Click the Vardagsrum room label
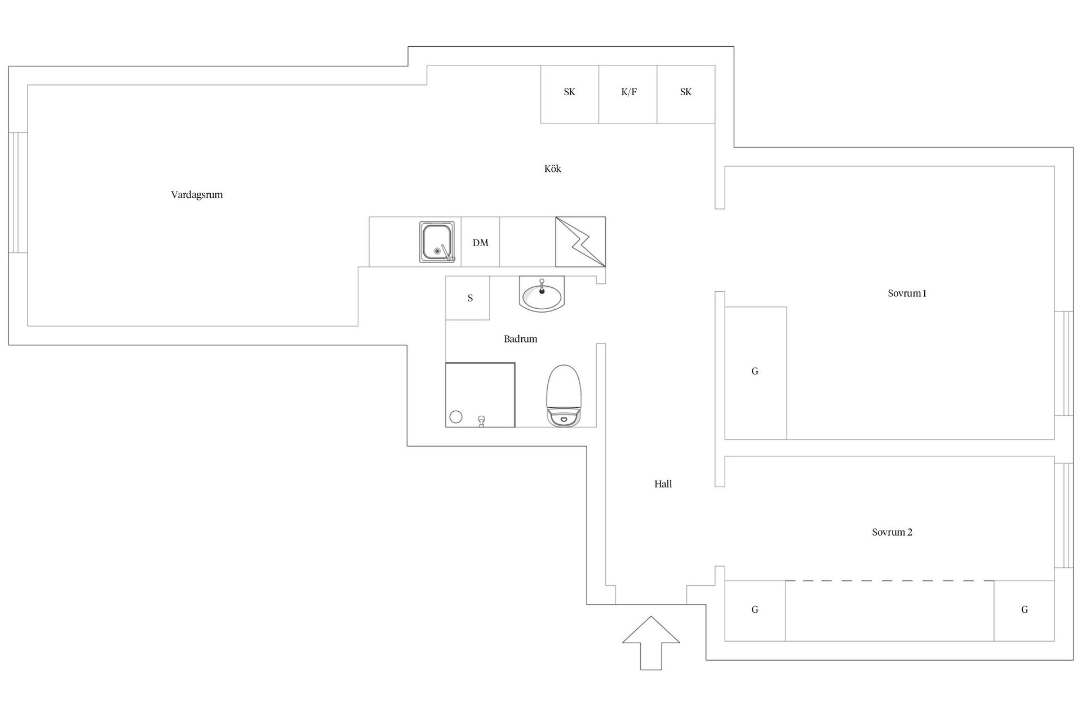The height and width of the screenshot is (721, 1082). pyautogui.click(x=197, y=195)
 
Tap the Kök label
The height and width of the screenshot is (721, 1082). pyautogui.click(x=552, y=169)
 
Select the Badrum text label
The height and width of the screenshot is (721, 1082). pyautogui.click(x=520, y=339)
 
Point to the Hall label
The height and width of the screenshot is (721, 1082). pyautogui.click(x=663, y=484)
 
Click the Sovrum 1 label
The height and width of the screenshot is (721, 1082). pyautogui.click(x=907, y=293)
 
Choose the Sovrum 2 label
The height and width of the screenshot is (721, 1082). pyautogui.click(x=892, y=532)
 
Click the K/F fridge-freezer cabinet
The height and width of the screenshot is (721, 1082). pyautogui.click(x=628, y=94)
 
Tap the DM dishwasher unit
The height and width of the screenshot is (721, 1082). pyautogui.click(x=480, y=242)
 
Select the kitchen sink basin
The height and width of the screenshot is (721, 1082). pyautogui.click(x=437, y=242)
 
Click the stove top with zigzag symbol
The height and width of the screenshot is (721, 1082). pyautogui.click(x=580, y=242)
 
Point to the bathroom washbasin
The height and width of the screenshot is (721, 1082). pyautogui.click(x=542, y=296)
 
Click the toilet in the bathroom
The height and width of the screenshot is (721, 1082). pyautogui.click(x=563, y=395)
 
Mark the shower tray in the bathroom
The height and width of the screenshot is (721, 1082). pyautogui.click(x=480, y=395)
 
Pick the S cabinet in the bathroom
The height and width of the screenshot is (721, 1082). pyautogui.click(x=468, y=298)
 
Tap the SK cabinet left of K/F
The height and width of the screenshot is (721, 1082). pyautogui.click(x=569, y=94)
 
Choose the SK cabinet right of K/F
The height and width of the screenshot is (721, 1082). pyautogui.click(x=686, y=94)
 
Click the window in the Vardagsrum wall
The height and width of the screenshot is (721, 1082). pyautogui.click(x=18, y=193)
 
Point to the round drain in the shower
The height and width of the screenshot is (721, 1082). pyautogui.click(x=456, y=417)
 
